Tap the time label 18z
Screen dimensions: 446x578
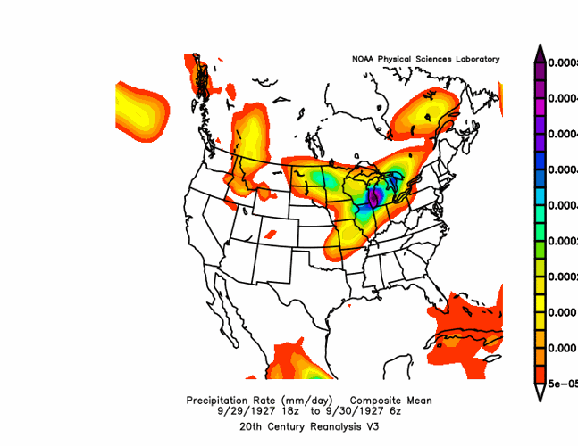coord(286,411)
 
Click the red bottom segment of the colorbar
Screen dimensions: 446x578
coord(541,374)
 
